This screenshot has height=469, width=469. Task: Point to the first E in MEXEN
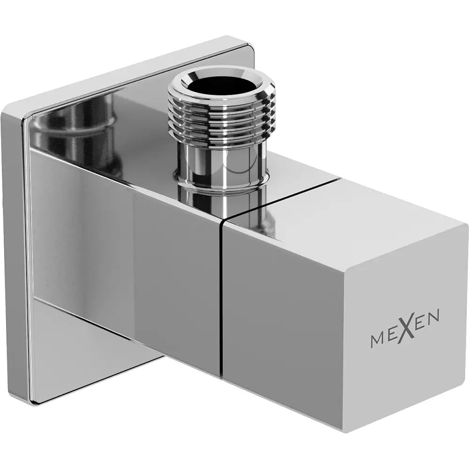pos(393,336)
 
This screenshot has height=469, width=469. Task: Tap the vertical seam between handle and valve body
pos(221,300)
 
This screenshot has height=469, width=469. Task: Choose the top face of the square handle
pos(347,206)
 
